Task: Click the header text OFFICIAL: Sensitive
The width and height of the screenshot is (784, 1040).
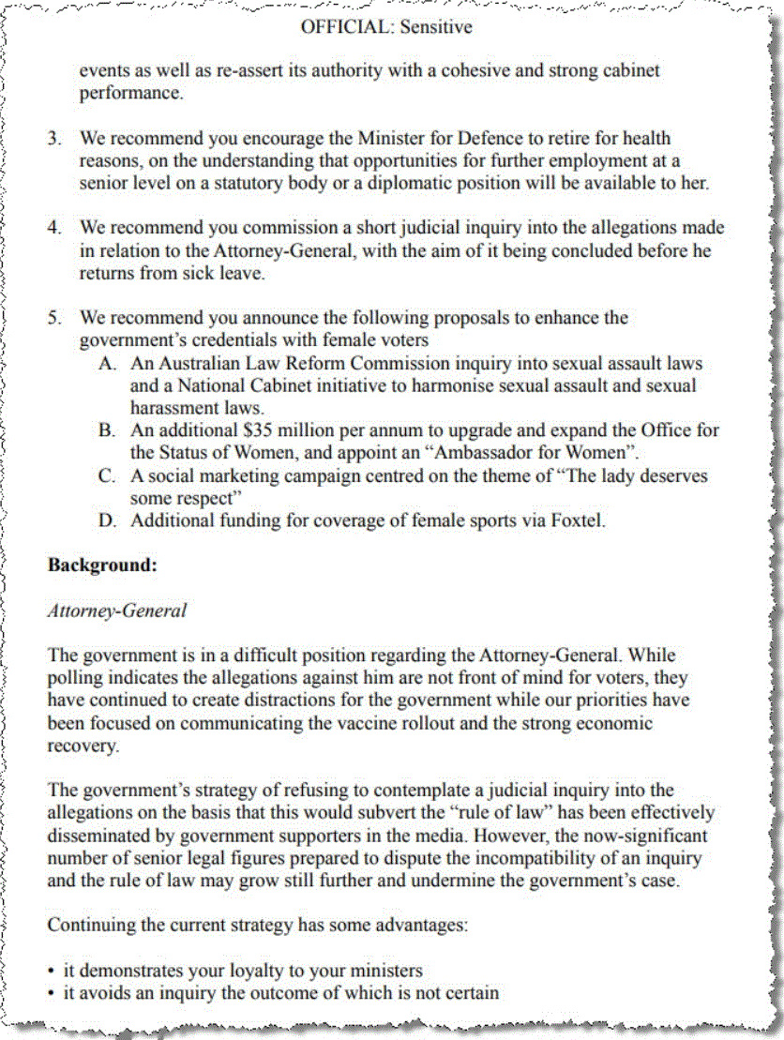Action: click(386, 27)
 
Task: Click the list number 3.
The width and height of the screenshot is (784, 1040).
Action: click(55, 139)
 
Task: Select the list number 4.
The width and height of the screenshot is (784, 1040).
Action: click(55, 228)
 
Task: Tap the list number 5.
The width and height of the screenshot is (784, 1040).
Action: click(55, 318)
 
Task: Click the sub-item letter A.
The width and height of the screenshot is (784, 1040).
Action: click(107, 364)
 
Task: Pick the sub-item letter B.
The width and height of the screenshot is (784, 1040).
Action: click(107, 431)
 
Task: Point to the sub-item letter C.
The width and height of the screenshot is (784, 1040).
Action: click(107, 476)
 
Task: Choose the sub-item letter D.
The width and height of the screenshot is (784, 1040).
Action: click(107, 521)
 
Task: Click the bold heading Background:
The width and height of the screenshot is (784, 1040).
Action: click(101, 565)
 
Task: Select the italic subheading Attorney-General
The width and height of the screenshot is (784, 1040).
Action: click(117, 610)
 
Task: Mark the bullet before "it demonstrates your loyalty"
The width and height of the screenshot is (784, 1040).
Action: click(52, 972)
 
